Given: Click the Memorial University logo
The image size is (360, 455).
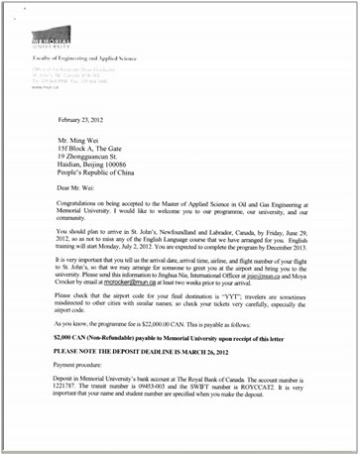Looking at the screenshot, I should (x=52, y=39).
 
